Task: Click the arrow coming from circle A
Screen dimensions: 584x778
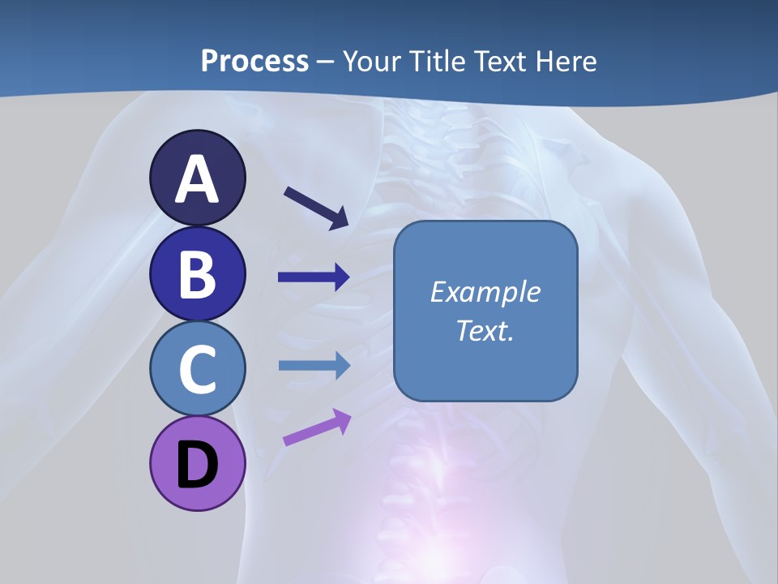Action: (x=316, y=208)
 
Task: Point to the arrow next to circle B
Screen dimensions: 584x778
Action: (x=314, y=277)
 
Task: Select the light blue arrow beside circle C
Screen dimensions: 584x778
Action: (x=314, y=365)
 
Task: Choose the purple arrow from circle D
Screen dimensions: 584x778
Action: (x=317, y=427)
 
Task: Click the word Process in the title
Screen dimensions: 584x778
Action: (x=254, y=61)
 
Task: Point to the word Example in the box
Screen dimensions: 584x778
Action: (x=485, y=292)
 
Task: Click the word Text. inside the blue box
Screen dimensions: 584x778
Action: (x=485, y=331)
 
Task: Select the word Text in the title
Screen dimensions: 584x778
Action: (x=504, y=61)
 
